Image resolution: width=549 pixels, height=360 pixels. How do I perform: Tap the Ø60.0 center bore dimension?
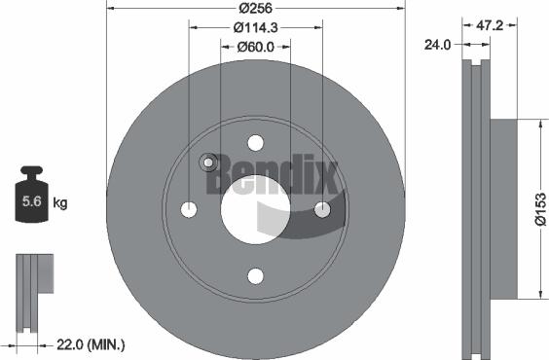255,46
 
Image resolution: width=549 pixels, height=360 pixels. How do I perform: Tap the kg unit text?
59,202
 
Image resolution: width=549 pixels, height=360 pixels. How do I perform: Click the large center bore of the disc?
254,209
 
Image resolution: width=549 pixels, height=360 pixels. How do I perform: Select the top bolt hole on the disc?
254,142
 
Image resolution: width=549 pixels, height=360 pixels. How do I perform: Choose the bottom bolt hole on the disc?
254,276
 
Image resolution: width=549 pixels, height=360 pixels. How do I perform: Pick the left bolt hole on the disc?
189,209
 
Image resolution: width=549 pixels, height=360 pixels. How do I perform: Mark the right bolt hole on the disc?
321,209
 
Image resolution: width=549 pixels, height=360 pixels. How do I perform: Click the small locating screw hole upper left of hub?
207,162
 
